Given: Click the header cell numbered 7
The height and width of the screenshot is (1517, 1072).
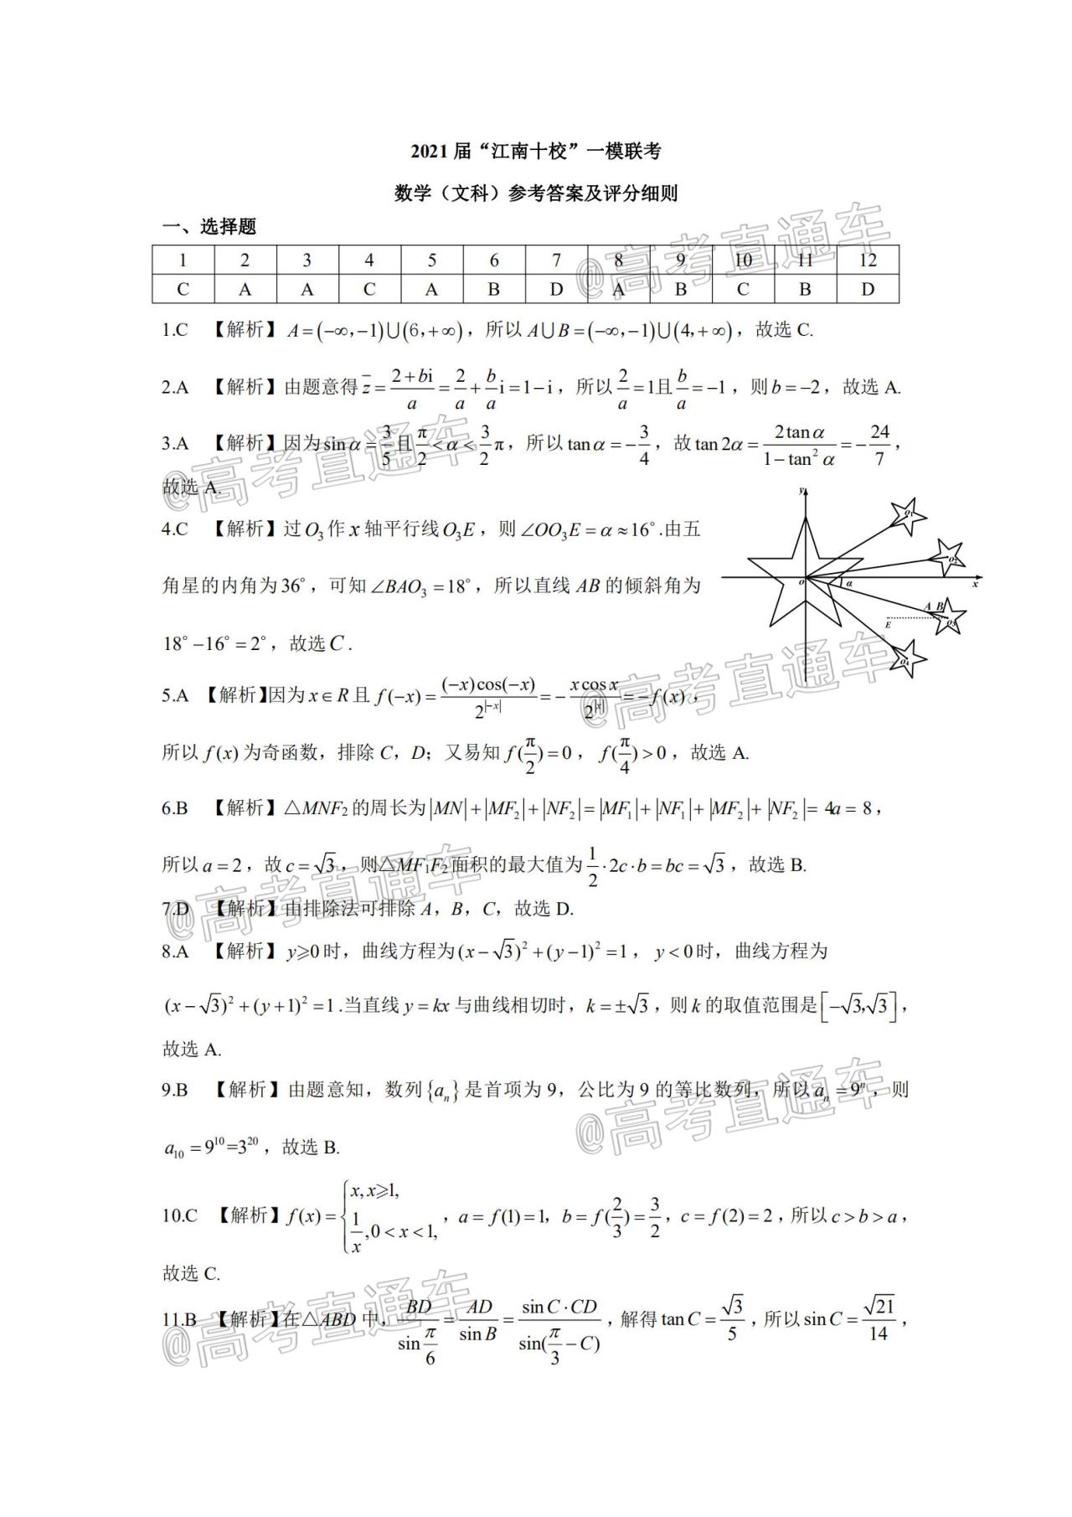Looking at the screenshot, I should click(x=556, y=260).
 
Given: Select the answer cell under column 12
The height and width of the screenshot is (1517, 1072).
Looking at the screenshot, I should click(x=868, y=289).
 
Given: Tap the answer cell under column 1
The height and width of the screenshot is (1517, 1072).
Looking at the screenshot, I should click(x=183, y=289).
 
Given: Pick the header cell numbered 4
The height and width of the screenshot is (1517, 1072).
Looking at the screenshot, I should click(x=369, y=260).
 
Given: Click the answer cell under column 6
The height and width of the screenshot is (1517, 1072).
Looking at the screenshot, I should click(x=494, y=289).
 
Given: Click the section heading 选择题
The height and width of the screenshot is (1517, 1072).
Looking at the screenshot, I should click(x=228, y=227).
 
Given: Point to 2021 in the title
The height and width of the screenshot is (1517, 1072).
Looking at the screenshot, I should click(x=430, y=152).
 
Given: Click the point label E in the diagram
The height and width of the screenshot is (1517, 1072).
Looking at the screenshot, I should click(x=888, y=625).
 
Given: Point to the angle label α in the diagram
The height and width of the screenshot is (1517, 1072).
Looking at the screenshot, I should click(x=848, y=583).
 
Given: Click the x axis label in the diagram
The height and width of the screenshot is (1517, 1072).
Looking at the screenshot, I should click(x=975, y=585).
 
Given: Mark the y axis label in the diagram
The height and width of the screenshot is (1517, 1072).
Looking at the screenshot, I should click(x=801, y=490).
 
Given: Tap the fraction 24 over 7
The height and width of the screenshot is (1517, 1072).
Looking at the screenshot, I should click(x=879, y=445).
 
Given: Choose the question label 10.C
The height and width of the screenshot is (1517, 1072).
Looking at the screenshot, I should click(x=179, y=1215).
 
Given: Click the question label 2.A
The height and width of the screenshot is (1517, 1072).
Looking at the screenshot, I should click(x=175, y=387).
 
